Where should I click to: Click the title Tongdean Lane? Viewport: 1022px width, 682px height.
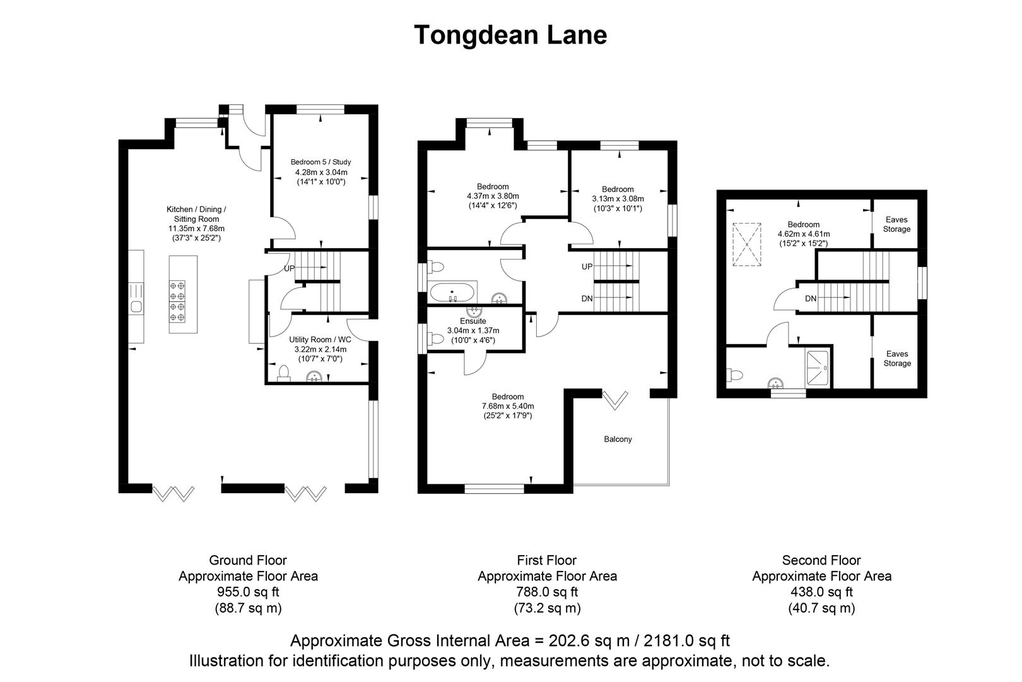pyautogui.click(x=510, y=35)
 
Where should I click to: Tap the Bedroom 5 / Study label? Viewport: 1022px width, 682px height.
pyautogui.click(x=320, y=162)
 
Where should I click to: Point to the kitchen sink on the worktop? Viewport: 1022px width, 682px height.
pyautogui.click(x=135, y=307)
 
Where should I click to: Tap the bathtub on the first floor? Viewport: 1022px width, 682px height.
pyautogui.click(x=452, y=294)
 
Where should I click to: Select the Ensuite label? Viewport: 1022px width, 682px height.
pyautogui.click(x=473, y=321)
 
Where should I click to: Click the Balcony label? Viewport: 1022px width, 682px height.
pyautogui.click(x=618, y=439)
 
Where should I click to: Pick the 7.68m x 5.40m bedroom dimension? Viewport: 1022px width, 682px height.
pyautogui.click(x=508, y=406)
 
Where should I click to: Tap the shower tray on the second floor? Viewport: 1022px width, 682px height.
pyautogui.click(x=818, y=368)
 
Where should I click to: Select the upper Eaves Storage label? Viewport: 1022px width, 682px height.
pyautogui.click(x=896, y=224)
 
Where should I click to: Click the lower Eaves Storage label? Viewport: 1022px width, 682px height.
pyautogui.click(x=897, y=359)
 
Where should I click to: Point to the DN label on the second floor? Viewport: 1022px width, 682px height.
pyautogui.click(x=811, y=299)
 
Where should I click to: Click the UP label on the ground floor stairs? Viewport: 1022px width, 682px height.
pyautogui.click(x=289, y=268)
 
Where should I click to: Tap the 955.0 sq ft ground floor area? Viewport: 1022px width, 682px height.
pyautogui.click(x=248, y=592)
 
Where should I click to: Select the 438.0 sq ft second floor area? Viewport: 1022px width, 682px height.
pyautogui.click(x=821, y=592)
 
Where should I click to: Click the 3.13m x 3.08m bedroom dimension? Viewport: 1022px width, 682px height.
pyautogui.click(x=618, y=198)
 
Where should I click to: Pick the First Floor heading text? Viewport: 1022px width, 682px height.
pyautogui.click(x=546, y=560)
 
